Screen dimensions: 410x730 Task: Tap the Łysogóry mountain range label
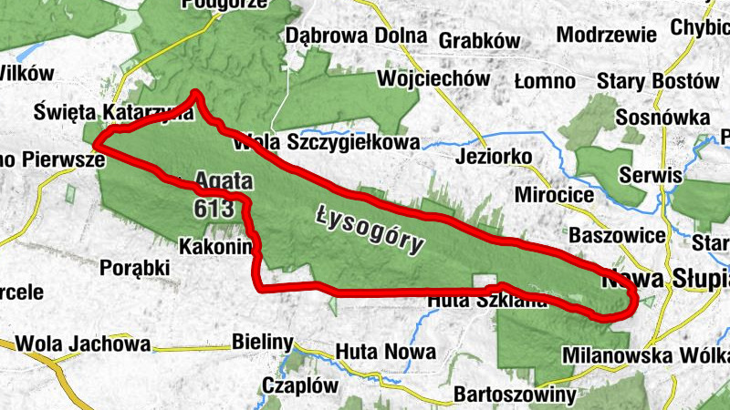pos(371,229)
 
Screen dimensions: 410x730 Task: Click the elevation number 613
pos(213,207)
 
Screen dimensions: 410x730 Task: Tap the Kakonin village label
pos(214,246)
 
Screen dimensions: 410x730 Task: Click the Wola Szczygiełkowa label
pos(327,142)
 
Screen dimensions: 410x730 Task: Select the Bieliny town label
pos(262,343)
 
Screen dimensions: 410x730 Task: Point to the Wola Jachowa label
pos(82,344)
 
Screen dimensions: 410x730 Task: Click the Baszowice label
pos(616,235)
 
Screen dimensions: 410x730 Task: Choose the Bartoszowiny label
pos(515,395)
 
